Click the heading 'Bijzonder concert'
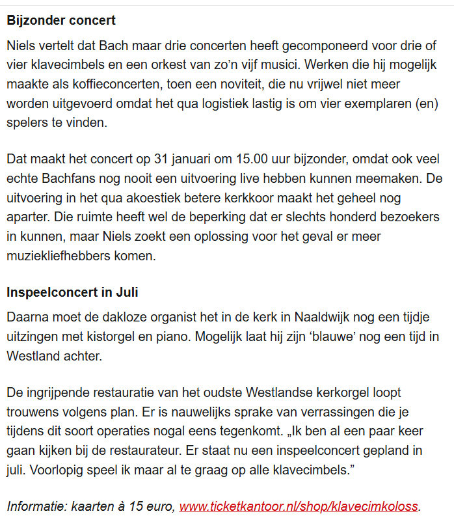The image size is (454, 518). click(61, 20)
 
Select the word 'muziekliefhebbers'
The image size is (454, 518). click(54, 256)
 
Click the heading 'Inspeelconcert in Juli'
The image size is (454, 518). click(72, 292)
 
